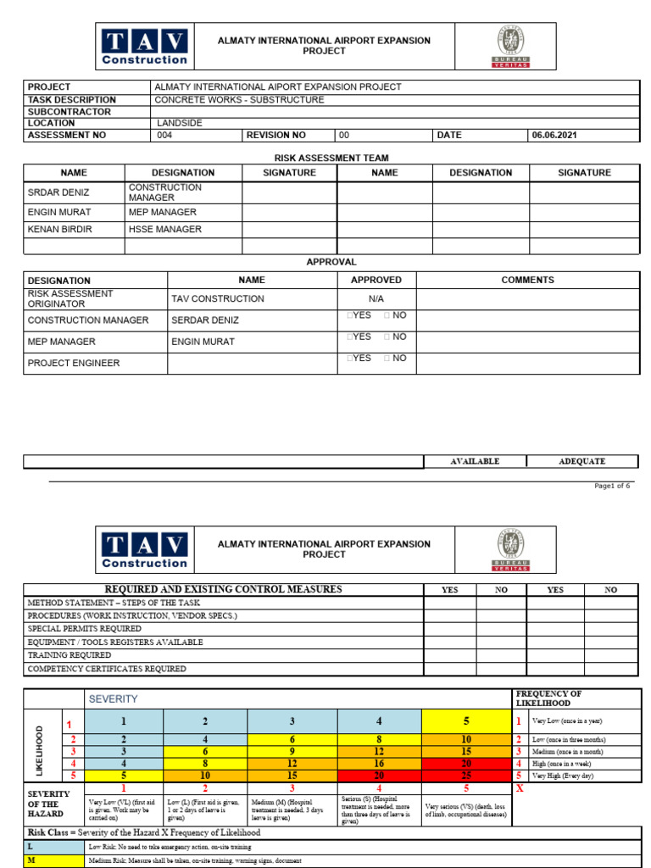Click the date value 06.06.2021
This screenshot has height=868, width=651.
[554, 135]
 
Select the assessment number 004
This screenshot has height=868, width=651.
[165, 135]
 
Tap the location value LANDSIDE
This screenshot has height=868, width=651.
[180, 123]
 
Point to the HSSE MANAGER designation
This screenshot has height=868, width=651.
[164, 230]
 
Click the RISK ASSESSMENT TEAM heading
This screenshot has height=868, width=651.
[331, 159]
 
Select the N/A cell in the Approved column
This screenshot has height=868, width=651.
[376, 299]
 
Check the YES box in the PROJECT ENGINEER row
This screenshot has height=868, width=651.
[349, 359]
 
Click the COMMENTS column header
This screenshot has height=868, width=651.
[527, 280]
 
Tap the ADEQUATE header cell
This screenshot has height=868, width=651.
[582, 461]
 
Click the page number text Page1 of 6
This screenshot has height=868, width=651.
[612, 486]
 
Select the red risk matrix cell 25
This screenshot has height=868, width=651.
[465, 776]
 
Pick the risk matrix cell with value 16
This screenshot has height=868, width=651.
[379, 764]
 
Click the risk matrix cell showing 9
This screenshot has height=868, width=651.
[292, 752]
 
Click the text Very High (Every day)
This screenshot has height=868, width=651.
[564, 776]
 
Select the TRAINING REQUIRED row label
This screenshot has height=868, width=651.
[69, 655]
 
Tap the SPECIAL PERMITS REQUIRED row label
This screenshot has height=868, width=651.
[85, 629]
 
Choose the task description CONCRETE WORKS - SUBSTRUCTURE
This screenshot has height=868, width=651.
[239, 100]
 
